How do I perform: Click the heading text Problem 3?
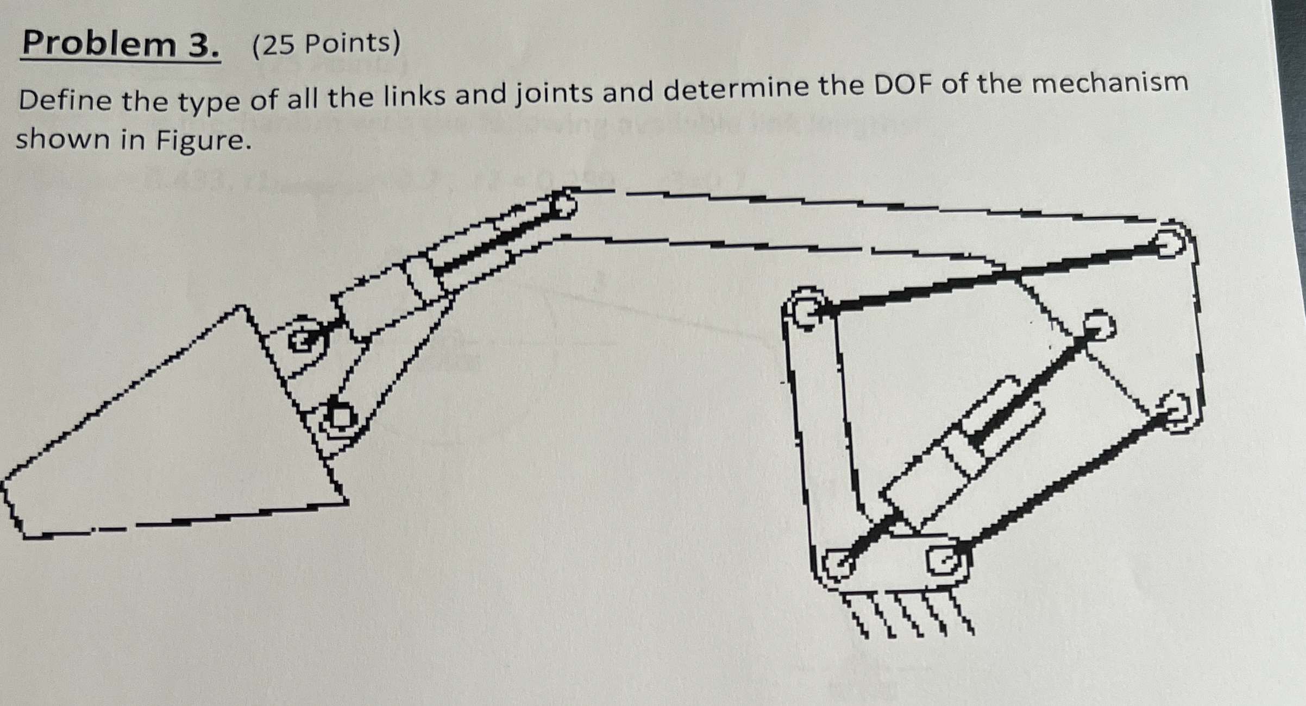coord(121,45)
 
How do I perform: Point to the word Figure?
coord(204,141)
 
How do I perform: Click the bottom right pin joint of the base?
coord(948,560)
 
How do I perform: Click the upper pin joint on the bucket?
coord(302,341)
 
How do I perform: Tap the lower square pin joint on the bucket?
coord(341,417)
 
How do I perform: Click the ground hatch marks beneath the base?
coord(907,616)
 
